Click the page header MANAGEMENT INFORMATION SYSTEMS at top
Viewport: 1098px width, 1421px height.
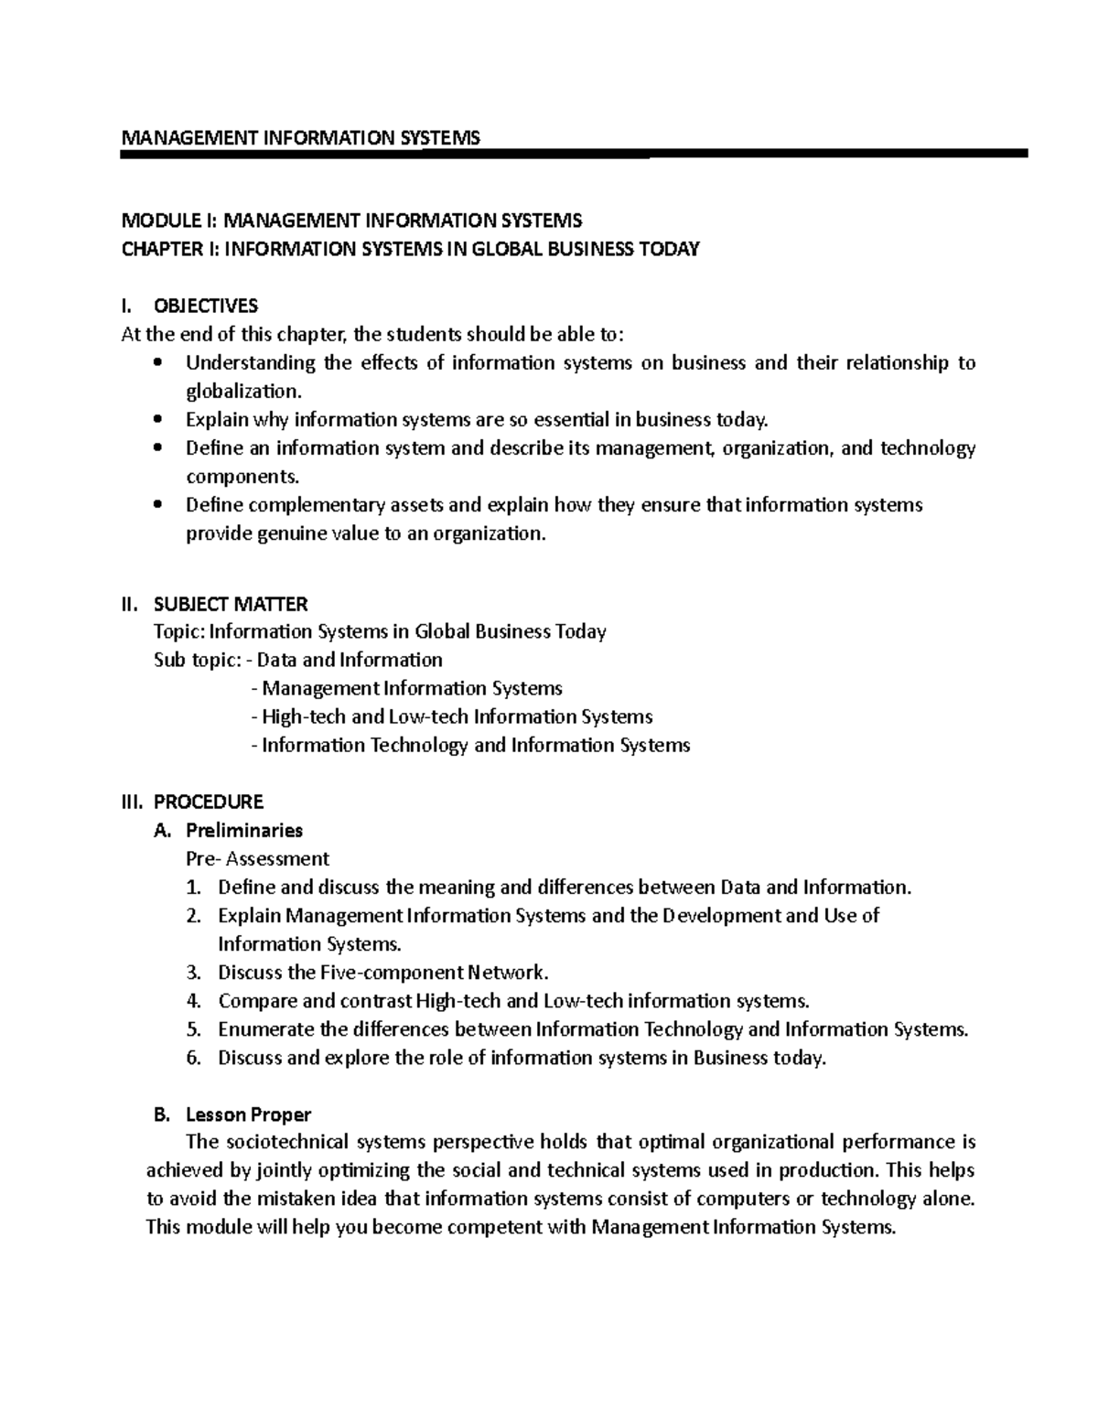[x=300, y=138]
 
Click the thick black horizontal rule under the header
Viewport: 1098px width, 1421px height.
[x=575, y=155]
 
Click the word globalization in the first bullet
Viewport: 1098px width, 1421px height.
[x=242, y=392]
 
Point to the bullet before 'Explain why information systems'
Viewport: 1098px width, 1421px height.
[x=158, y=420]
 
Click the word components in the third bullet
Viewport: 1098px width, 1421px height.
[x=242, y=477]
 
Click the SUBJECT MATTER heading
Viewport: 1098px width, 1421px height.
[x=231, y=604]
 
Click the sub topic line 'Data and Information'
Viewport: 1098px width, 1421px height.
[x=350, y=660]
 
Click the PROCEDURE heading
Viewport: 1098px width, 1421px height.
[x=209, y=802]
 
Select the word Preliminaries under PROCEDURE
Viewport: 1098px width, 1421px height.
[x=244, y=831]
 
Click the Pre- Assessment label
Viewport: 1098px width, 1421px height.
[x=257, y=859]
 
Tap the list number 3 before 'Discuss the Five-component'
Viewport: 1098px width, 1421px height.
[x=192, y=973]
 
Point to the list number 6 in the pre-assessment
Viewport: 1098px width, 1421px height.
[x=192, y=1058]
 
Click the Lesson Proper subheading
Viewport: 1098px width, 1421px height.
[x=248, y=1114]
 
